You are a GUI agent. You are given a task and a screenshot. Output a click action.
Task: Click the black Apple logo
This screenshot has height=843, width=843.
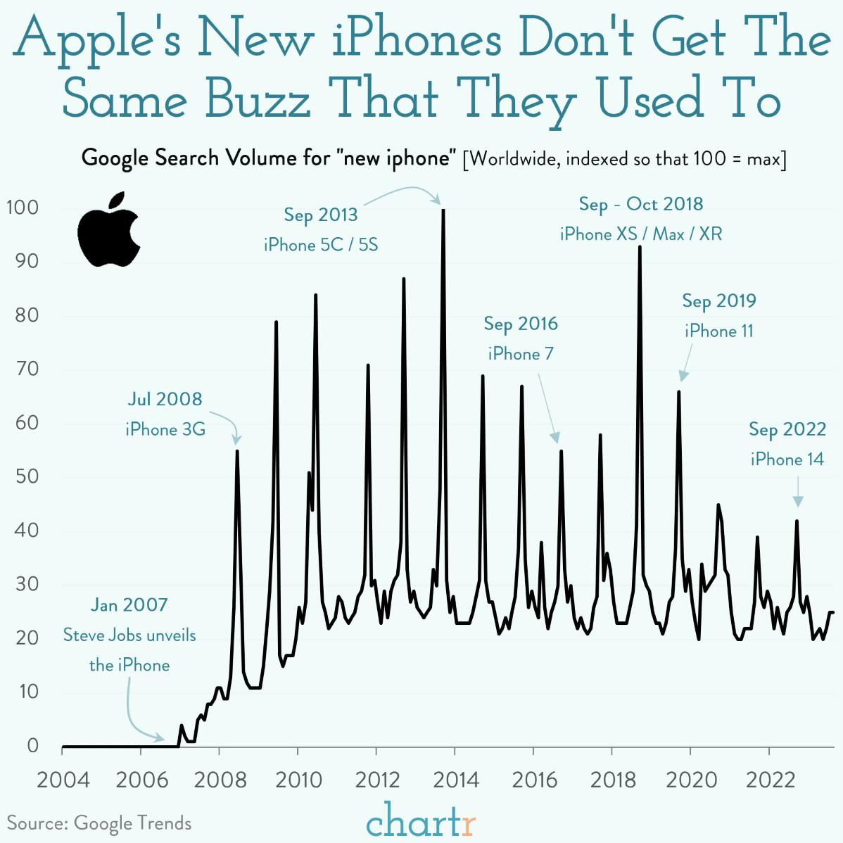point(109,231)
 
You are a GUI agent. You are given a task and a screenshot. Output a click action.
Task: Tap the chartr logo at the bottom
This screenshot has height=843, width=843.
point(421,820)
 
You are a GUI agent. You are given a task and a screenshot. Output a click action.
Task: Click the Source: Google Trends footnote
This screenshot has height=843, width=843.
point(99,823)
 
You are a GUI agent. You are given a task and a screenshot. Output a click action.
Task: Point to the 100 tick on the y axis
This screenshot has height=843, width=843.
point(23,208)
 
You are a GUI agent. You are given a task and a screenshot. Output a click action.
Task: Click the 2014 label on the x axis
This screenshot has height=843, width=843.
point(455,780)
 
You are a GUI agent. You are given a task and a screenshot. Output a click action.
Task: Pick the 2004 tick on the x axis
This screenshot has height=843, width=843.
point(63,780)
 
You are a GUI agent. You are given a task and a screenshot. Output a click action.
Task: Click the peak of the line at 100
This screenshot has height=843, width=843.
point(443,210)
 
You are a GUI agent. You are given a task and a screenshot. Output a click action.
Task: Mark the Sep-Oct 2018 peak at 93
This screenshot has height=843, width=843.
point(640,247)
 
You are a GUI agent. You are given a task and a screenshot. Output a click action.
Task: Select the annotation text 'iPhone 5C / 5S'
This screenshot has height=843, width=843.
point(321,245)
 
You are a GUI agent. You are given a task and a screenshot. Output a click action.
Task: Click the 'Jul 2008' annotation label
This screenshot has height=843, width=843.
point(165,399)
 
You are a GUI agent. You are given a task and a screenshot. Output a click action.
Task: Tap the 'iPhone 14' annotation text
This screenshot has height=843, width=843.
point(787,459)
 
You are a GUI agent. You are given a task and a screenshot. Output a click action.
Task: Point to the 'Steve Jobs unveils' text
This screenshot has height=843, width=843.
point(129,635)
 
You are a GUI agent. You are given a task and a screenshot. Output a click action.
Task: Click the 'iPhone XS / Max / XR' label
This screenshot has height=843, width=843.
point(641,234)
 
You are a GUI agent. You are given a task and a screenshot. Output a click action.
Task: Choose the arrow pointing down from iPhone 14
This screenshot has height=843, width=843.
point(797,491)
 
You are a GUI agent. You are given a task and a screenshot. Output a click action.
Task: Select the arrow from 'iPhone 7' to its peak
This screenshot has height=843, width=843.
point(548,407)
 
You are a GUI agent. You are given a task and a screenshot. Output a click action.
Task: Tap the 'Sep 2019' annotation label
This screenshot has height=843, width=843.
point(718,301)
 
